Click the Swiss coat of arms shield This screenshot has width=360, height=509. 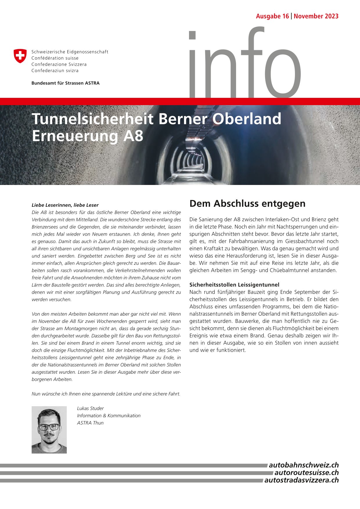click(x=20, y=56)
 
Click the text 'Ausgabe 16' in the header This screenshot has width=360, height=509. click(x=272, y=16)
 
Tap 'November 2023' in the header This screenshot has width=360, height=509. click(x=316, y=16)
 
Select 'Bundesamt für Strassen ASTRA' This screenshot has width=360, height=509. click(x=65, y=83)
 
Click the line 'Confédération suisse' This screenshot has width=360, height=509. click(x=55, y=58)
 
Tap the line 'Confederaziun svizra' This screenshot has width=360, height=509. click(x=55, y=71)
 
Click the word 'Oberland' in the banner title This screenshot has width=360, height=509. click(x=247, y=119)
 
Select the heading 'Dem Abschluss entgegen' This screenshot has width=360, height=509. click(x=247, y=204)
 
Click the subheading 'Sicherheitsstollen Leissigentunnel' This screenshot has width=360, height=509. click(x=234, y=285)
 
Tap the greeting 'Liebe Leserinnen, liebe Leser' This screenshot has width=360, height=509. click(x=65, y=205)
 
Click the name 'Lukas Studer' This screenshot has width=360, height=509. click(x=90, y=408)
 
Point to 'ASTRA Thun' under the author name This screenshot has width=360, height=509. click(x=90, y=423)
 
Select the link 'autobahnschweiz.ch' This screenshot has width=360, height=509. click(x=304, y=465)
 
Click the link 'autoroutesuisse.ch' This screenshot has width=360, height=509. click(x=307, y=472)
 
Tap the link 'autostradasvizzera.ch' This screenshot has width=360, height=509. click(x=301, y=480)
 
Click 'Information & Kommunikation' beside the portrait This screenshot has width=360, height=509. click(x=109, y=416)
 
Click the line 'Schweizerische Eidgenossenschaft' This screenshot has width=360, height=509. click(x=70, y=52)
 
